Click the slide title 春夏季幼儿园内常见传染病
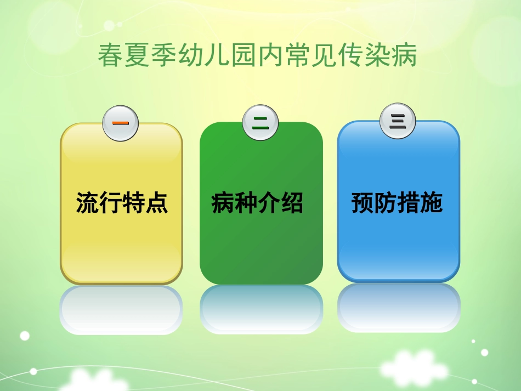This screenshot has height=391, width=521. (x=257, y=56)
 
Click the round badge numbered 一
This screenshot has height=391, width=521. (x=121, y=123)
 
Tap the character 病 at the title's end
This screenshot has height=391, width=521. (x=405, y=56)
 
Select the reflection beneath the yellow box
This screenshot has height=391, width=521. (x=121, y=310)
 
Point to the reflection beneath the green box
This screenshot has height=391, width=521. (x=261, y=310)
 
